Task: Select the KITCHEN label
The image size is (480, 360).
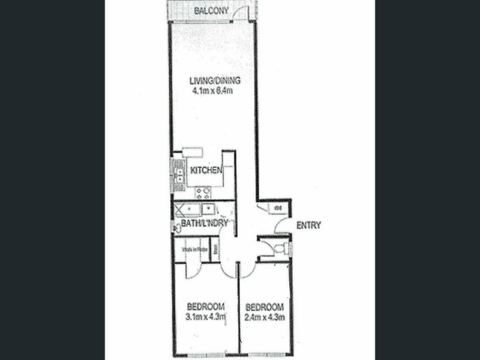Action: [207, 170]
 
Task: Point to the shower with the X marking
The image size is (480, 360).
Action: [181, 209]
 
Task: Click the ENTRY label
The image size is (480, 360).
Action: [309, 226]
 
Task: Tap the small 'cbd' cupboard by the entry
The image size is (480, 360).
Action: [278, 208]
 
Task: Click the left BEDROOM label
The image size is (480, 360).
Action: [205, 304]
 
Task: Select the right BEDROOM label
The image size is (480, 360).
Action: [264, 304]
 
